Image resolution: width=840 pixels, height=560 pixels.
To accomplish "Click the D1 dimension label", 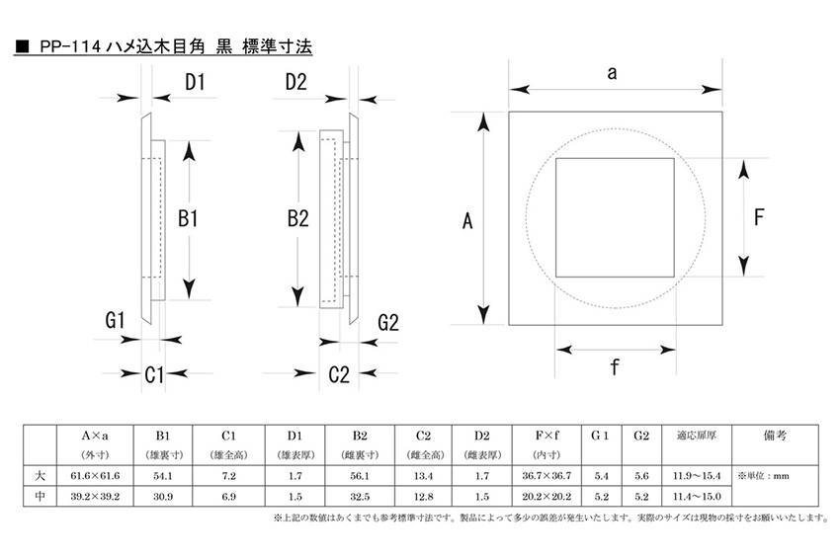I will (195, 83).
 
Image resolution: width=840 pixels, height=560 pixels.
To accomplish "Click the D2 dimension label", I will (296, 83).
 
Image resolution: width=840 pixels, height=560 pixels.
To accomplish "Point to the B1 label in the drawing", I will (189, 219).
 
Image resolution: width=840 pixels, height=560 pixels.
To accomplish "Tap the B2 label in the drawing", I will (299, 219).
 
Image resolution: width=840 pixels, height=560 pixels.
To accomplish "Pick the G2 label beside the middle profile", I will (387, 323).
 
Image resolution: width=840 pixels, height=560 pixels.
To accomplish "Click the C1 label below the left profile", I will (155, 374).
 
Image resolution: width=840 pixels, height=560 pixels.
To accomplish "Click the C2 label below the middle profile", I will (339, 374).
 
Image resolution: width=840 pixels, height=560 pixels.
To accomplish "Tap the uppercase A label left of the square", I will (467, 223).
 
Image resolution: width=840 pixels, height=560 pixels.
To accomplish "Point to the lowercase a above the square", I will (613, 72).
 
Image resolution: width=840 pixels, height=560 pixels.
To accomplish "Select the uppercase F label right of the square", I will (758, 216).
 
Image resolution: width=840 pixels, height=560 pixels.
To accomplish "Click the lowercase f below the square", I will (615, 367).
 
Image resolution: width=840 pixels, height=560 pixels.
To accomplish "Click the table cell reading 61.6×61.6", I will (96, 476).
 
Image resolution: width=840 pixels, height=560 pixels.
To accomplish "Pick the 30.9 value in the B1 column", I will (163, 497).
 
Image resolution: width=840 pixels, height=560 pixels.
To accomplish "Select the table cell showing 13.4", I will (423, 476).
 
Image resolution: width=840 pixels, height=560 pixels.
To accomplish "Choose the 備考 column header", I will (777, 435).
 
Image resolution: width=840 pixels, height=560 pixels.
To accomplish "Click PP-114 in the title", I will (70, 46).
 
